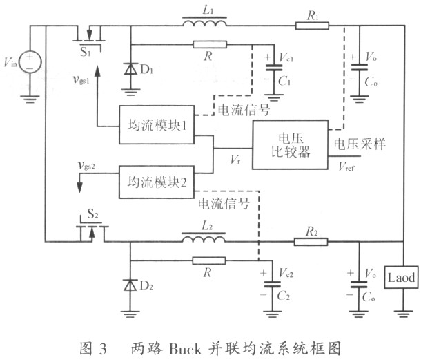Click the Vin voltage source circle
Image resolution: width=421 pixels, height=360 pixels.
[30, 61]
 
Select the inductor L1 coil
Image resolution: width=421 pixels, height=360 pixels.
[204, 21]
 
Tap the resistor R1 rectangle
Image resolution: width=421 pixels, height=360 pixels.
[312, 26]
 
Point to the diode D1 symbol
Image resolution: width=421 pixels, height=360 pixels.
[130, 69]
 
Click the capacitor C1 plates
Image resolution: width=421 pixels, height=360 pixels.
[274, 68]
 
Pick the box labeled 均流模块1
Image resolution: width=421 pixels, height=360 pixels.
[157, 125]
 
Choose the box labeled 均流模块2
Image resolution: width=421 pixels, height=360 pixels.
[156, 182]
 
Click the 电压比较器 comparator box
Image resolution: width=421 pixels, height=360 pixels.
[290, 144]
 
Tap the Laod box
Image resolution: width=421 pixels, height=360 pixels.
[401, 278]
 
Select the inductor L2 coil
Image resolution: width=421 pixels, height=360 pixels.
[204, 238]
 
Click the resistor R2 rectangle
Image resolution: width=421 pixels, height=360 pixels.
[311, 242]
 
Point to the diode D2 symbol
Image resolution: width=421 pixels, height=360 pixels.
[130, 285]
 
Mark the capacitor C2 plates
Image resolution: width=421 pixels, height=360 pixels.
[272, 285]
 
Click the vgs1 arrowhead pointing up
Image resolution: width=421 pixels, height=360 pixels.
[97, 70]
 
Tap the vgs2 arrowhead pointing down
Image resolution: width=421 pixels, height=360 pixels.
[79, 187]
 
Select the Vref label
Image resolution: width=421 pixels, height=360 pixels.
[346, 167]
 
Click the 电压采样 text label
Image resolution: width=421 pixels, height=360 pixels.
[360, 144]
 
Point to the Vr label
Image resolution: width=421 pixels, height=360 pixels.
[235, 159]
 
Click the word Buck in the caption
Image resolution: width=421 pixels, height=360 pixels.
[185, 349]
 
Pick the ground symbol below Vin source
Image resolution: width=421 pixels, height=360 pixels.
[30, 99]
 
